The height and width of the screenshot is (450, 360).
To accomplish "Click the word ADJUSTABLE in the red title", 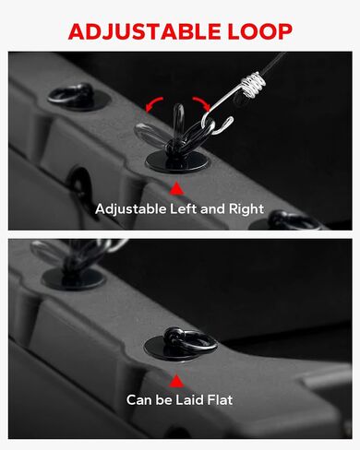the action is [144, 31].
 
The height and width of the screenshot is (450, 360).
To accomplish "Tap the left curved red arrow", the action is [153, 103].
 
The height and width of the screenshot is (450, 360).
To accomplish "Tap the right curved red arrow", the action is [201, 102].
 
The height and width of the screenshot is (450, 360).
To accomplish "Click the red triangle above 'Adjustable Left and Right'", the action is [176, 188].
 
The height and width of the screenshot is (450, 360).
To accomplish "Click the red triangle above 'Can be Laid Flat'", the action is [176, 381].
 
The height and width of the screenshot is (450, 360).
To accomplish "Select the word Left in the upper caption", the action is [184, 209].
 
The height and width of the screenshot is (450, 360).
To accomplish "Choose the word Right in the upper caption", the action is [246, 209].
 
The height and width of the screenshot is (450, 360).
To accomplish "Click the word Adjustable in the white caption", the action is [131, 209].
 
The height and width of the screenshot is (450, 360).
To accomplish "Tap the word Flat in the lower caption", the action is [220, 400].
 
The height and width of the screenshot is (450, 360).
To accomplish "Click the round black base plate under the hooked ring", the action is [177, 161].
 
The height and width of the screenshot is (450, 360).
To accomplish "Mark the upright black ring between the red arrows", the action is [178, 123].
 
